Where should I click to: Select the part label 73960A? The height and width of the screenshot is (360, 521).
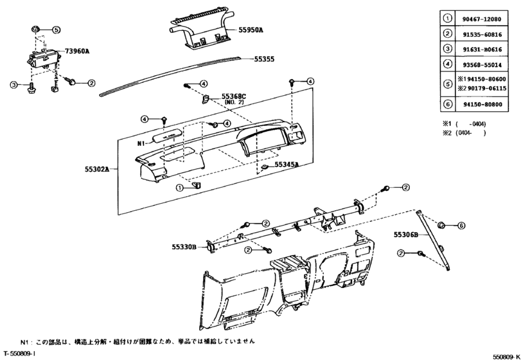pyautogui.click(x=78, y=50)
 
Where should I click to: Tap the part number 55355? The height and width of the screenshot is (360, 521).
pyautogui.click(x=264, y=59)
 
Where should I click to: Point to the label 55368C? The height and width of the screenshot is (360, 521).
pyautogui.click(x=234, y=96)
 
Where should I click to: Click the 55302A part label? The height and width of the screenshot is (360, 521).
pyautogui.click(x=97, y=169)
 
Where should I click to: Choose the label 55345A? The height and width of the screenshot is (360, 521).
pyautogui.click(x=287, y=165)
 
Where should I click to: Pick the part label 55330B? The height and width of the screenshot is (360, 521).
pyautogui.click(x=184, y=246)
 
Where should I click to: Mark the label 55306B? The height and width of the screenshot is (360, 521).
pyautogui.click(x=406, y=236)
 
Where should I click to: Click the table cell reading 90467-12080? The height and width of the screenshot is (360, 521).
pyautogui.click(x=484, y=20)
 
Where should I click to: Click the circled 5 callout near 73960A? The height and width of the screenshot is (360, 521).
pyautogui.click(x=56, y=30)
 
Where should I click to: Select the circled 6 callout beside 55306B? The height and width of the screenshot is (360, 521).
pyautogui.click(x=461, y=226)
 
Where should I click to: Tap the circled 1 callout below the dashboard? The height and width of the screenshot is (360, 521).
pyautogui.click(x=181, y=186)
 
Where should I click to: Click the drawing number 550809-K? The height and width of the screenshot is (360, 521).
pyautogui.click(x=506, y=355)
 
